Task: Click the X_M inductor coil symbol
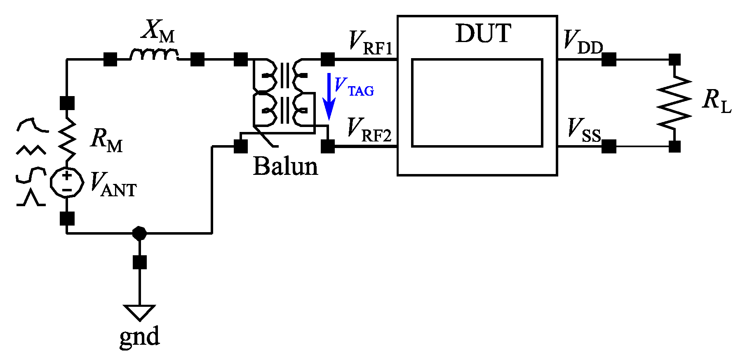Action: pyautogui.click(x=154, y=55)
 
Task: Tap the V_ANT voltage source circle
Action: pyautogui.click(x=67, y=182)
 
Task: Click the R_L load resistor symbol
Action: pyautogui.click(x=675, y=103)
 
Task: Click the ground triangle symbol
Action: pyautogui.click(x=139, y=312)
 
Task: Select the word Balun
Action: pyautogui.click(x=285, y=167)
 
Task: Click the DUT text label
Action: pyautogui.click(x=483, y=34)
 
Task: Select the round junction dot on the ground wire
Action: pyautogui.click(x=139, y=233)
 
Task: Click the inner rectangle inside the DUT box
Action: pyautogui.click(x=477, y=103)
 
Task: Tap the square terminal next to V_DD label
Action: pyautogui.click(x=609, y=59)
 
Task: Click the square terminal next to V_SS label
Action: pyautogui.click(x=609, y=146)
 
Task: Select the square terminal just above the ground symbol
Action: pyautogui.click(x=140, y=262)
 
